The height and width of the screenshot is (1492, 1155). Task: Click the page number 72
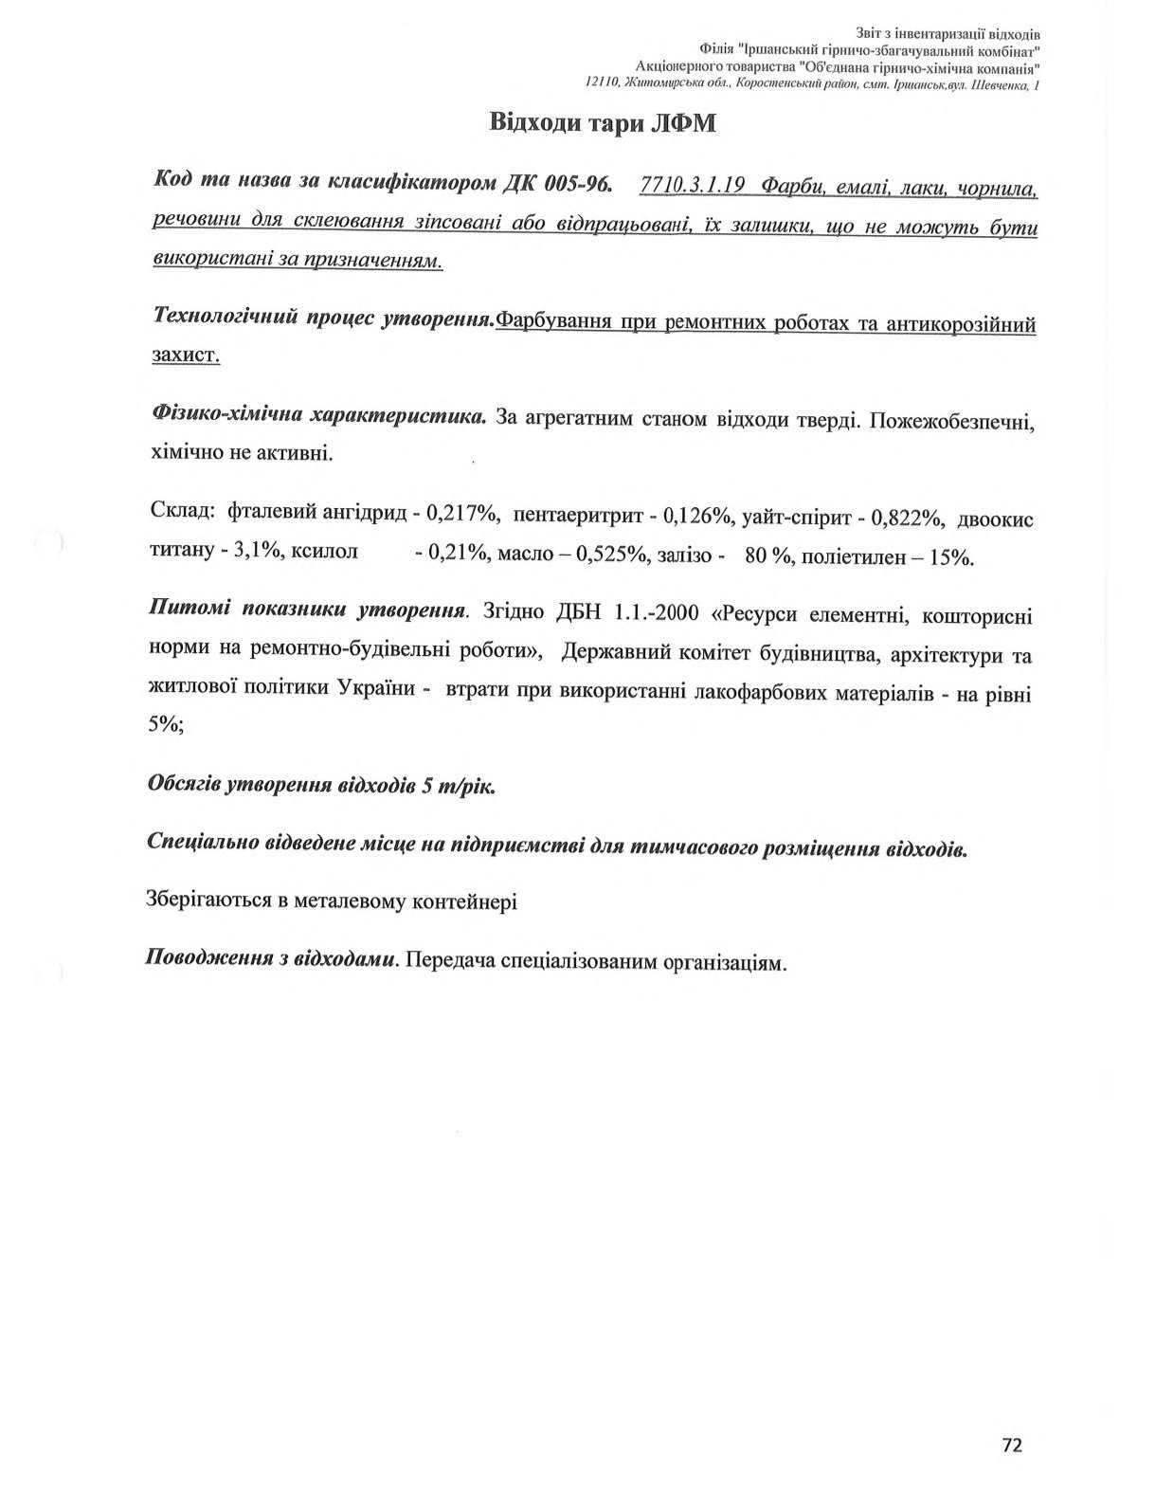click(1012, 1446)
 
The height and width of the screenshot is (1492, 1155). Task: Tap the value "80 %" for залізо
click(768, 556)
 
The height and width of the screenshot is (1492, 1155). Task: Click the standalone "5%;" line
click(167, 724)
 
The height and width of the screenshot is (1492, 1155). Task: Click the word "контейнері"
click(465, 901)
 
